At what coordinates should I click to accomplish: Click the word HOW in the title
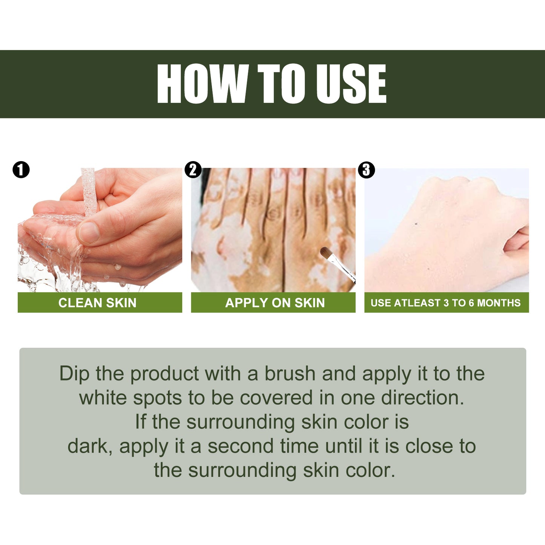[x=202, y=84]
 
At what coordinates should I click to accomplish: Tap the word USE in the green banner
[x=351, y=84]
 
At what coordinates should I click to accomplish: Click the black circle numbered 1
[x=21, y=170]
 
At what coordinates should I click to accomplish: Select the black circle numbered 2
[x=193, y=170]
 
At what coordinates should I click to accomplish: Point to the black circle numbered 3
[x=366, y=170]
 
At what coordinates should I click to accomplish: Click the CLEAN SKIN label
[x=97, y=303]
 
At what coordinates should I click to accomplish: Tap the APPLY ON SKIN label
[x=275, y=303]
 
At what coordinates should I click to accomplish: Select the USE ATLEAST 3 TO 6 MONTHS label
[x=445, y=303]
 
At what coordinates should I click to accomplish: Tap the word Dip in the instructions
[x=74, y=374]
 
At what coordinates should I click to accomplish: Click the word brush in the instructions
[x=290, y=374]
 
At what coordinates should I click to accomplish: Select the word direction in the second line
[x=422, y=398]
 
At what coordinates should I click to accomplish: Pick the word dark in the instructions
[x=89, y=446]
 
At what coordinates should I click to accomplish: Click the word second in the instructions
[x=240, y=446]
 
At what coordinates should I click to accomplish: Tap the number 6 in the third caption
[x=471, y=303]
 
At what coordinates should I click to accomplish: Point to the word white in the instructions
[x=103, y=398]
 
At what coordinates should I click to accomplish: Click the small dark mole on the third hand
[x=416, y=224]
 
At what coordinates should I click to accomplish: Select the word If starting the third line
[x=140, y=422]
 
